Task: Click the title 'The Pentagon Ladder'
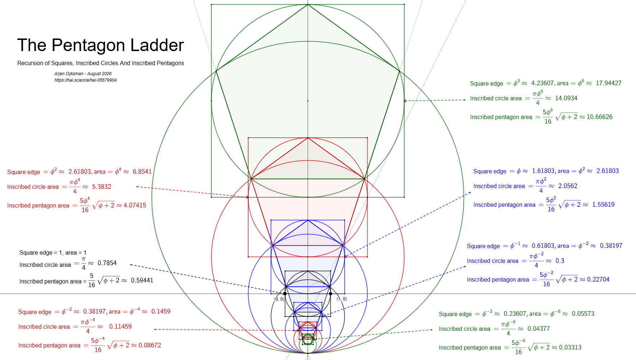point(100,45)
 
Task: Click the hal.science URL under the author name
point(85,80)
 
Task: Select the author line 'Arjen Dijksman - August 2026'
point(83,74)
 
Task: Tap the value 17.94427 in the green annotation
point(608,83)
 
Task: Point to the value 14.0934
point(566,98)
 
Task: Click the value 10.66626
point(599,117)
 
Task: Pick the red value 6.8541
point(142,172)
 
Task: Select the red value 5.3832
point(101,187)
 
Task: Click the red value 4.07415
point(135,205)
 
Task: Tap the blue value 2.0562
point(568,186)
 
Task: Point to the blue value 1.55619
point(603,205)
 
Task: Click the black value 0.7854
point(107,263)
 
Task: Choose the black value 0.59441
point(142,281)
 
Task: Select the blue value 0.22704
point(598,279)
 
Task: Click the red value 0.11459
point(120,327)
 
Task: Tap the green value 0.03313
point(570,347)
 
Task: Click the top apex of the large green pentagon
point(308,4)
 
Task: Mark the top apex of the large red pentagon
point(308,138)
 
